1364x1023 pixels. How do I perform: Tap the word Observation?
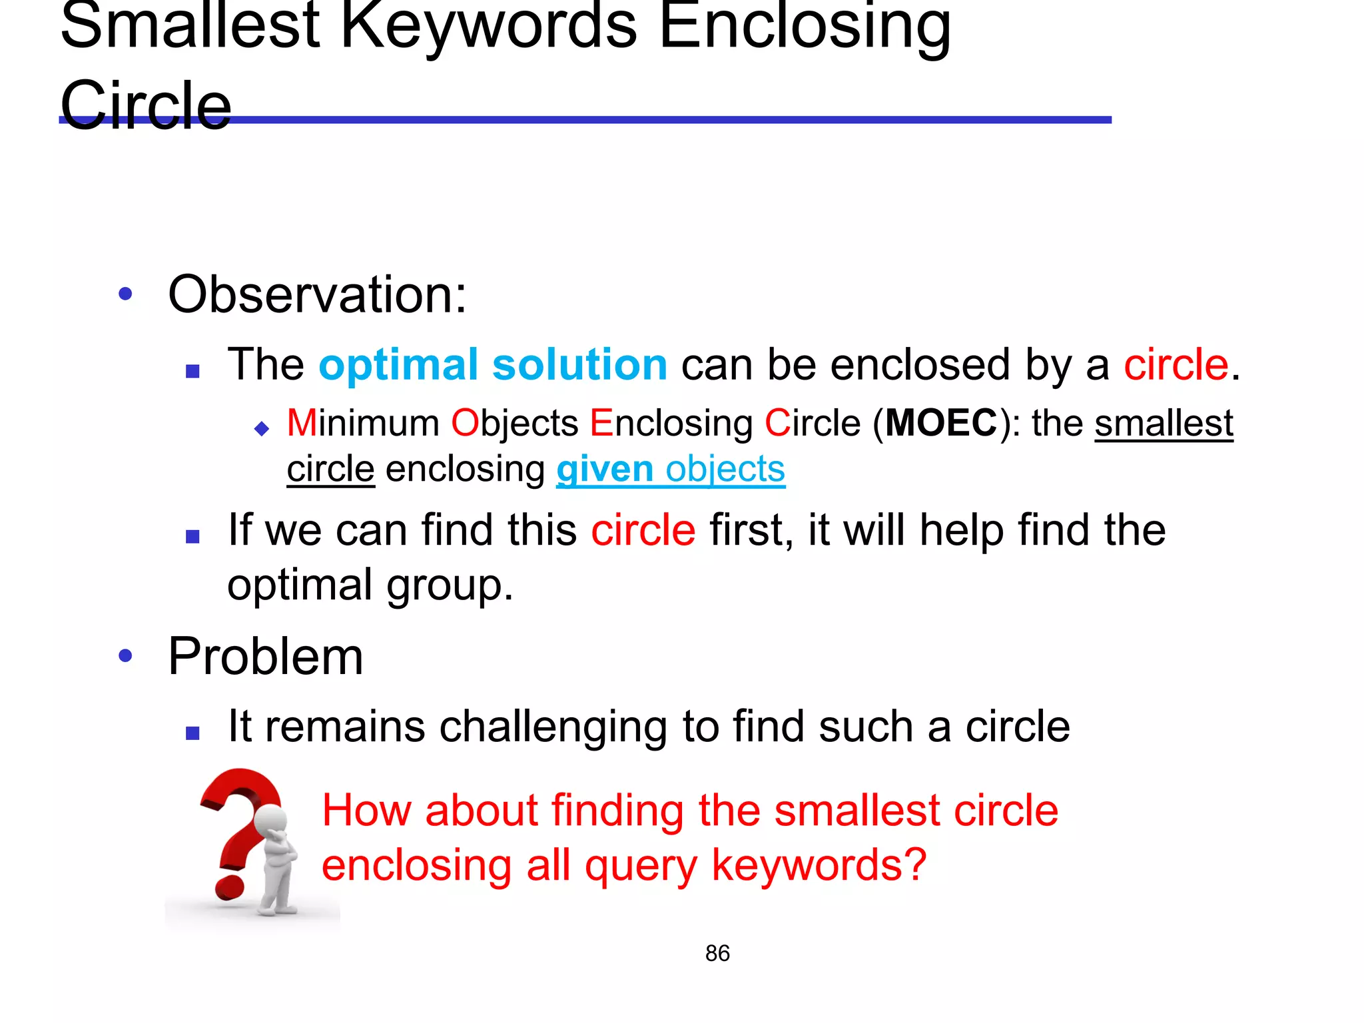[317, 294]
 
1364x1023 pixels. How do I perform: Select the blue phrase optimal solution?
[493, 365]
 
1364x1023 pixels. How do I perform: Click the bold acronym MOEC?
[941, 423]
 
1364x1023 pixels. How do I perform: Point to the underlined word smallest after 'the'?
[1164, 424]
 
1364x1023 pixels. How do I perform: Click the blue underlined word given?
[605, 470]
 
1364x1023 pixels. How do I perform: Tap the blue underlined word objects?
[725, 470]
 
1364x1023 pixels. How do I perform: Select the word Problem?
[266, 657]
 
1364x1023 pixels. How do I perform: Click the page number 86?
[717, 953]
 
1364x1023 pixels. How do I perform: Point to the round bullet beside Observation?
[125, 294]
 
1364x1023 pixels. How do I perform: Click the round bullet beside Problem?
[125, 656]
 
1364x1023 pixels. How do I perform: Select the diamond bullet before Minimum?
[262, 428]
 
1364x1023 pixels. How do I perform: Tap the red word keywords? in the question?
[819, 865]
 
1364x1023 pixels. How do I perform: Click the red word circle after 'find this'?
[643, 531]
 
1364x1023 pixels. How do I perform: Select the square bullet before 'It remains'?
[193, 733]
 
